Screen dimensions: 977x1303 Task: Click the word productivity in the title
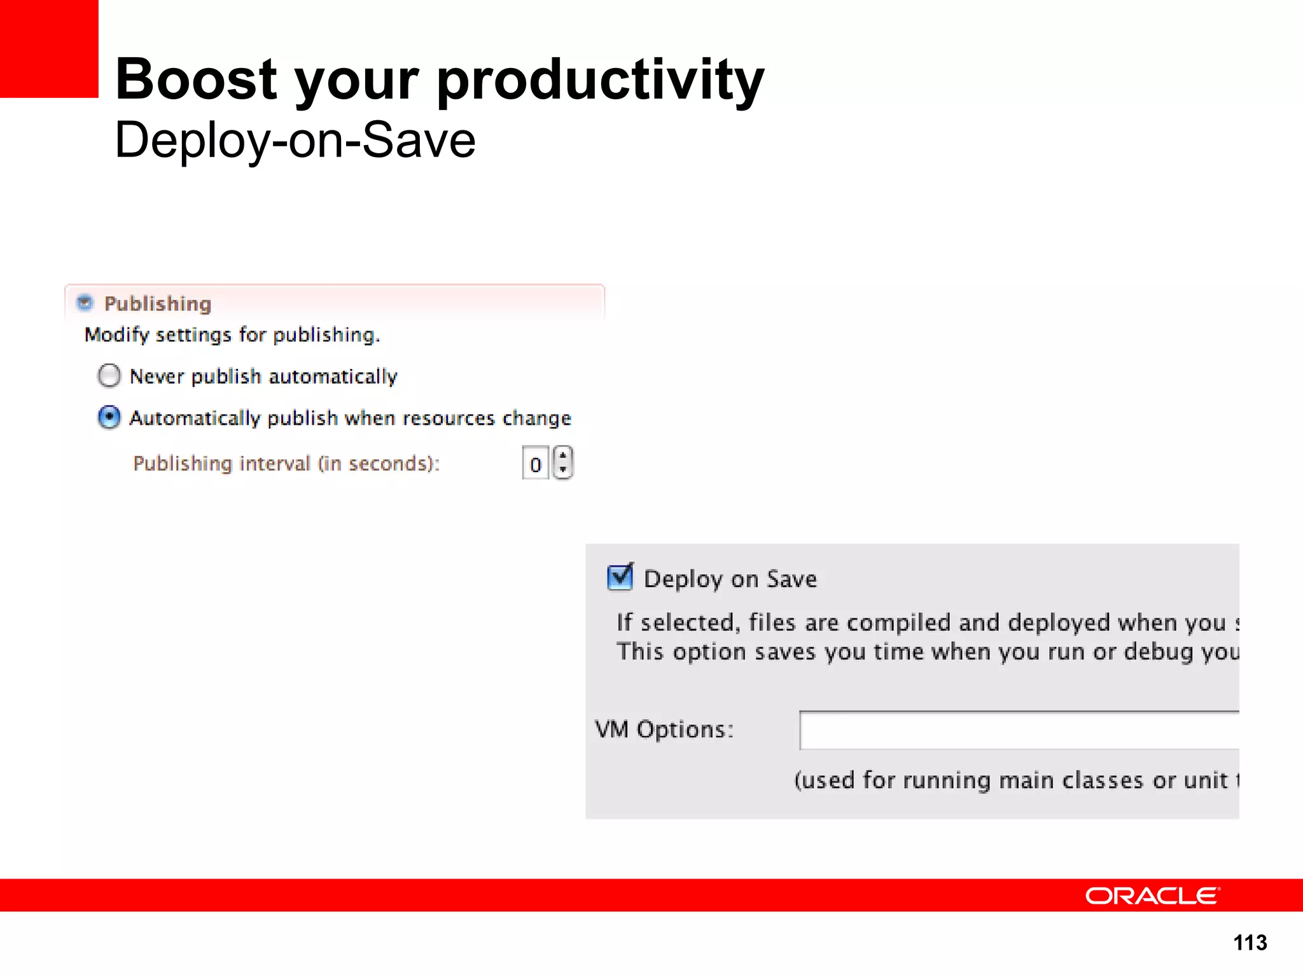(601, 81)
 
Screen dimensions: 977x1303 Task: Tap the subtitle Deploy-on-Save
(295, 141)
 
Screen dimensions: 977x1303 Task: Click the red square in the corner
(48, 48)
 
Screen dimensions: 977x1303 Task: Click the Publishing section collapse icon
(85, 303)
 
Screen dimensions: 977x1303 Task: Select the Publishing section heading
(158, 304)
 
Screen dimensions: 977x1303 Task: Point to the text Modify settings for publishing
(232, 335)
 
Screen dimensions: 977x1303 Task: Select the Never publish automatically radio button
(109, 376)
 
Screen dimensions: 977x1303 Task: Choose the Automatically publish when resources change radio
(109, 418)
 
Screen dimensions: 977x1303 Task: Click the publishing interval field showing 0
(535, 464)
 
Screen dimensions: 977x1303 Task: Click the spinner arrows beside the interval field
(563, 462)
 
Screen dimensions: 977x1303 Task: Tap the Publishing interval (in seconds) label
(286, 463)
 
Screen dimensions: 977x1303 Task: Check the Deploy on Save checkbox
(620, 577)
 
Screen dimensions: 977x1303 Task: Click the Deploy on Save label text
(730, 579)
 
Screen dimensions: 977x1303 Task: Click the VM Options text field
(1018, 730)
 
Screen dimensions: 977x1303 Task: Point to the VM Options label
(664, 730)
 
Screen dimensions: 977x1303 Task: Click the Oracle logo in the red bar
(1152, 896)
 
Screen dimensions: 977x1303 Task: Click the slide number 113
(1250, 942)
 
